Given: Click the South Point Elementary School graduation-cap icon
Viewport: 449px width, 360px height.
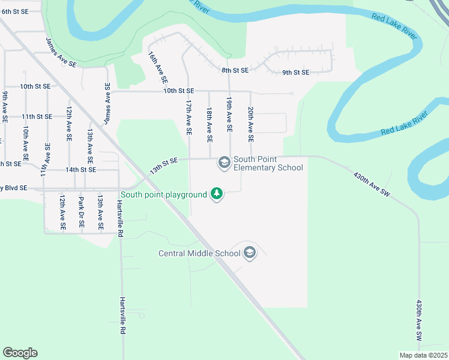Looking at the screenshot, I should pos(224,163).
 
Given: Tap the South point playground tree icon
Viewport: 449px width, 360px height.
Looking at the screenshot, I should pos(217,194).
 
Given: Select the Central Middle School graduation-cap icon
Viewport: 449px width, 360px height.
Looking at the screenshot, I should pos(250,253).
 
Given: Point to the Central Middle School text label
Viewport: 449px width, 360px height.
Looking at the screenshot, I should pos(199,253).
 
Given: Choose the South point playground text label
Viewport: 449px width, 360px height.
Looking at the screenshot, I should pos(163,194).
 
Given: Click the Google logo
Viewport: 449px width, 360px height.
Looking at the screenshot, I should pos(20,353).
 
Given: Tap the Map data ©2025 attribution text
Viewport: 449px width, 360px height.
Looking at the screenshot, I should pos(424,355).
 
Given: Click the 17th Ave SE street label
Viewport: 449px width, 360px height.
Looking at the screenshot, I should pos(188,117).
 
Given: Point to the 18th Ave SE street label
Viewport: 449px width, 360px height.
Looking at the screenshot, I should pos(209,125).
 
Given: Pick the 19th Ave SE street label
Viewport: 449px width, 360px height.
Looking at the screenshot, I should pos(229,115).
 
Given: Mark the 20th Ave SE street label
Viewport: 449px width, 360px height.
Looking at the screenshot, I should pos(250,125).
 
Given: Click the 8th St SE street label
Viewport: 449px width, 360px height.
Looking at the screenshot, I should pos(235,70).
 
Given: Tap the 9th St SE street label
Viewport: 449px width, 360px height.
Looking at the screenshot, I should pos(295,73).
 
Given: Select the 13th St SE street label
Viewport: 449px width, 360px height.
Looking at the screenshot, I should pos(164,165).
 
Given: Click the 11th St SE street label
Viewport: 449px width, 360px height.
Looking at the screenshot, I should pos(37,116).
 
